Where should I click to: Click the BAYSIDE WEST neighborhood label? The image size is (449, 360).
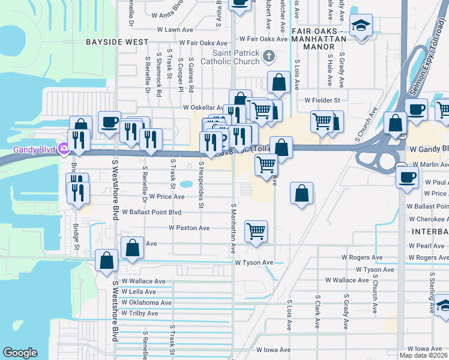tap(116, 43)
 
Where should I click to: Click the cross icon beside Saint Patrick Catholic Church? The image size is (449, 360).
tap(269, 57)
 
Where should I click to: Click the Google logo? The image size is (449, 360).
tap(20, 353)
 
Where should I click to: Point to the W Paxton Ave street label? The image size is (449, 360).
tap(189, 228)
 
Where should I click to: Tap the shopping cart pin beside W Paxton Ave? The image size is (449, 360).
tap(256, 231)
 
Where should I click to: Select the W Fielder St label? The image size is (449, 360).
tap(322, 100)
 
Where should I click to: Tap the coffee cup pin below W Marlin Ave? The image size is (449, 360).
tap(407, 178)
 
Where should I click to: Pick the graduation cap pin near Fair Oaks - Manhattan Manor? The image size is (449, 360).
tap(360, 26)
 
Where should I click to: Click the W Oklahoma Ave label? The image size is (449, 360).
tap(146, 302)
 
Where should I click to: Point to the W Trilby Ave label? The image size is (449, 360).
tap(140, 313)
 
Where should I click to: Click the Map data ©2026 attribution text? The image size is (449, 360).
tap(423, 355)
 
